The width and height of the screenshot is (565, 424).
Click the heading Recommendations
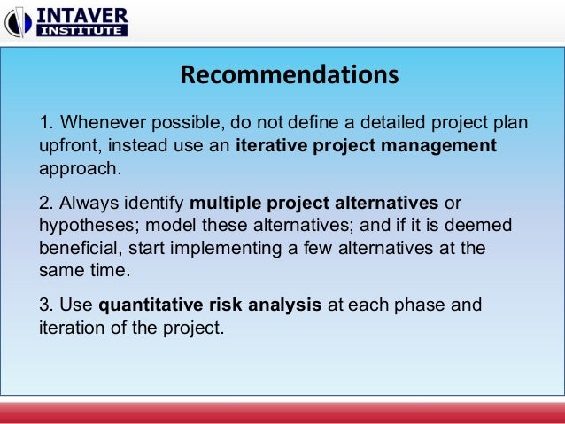tap(289, 75)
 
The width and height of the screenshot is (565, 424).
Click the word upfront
tap(67, 144)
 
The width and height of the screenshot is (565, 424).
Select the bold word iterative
tap(271, 144)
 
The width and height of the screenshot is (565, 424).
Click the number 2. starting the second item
tap(46, 202)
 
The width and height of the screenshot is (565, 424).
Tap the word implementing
tap(226, 248)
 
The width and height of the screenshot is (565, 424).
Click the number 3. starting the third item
tap(46, 305)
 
